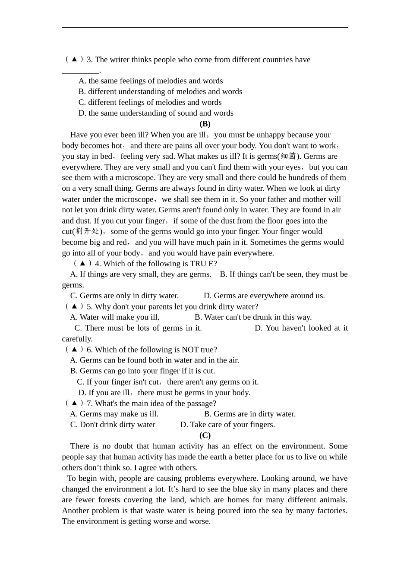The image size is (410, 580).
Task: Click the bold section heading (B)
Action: click(205, 124)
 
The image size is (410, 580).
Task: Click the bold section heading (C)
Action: click(205, 435)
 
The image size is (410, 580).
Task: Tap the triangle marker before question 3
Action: click(74, 60)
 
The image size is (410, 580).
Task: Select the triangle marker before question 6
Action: click(74, 350)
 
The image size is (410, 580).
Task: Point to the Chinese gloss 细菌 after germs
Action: click(288, 156)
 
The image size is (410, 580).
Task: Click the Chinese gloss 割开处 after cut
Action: click(87, 231)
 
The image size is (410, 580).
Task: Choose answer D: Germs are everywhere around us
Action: click(264, 296)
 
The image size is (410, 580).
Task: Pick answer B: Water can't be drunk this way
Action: click(253, 317)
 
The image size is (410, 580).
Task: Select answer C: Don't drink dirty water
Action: click(113, 425)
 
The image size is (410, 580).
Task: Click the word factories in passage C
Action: click(332, 511)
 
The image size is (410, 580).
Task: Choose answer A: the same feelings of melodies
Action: click(151, 81)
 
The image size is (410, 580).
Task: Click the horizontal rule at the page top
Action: click(205, 28)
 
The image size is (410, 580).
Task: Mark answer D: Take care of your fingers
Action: click(227, 425)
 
